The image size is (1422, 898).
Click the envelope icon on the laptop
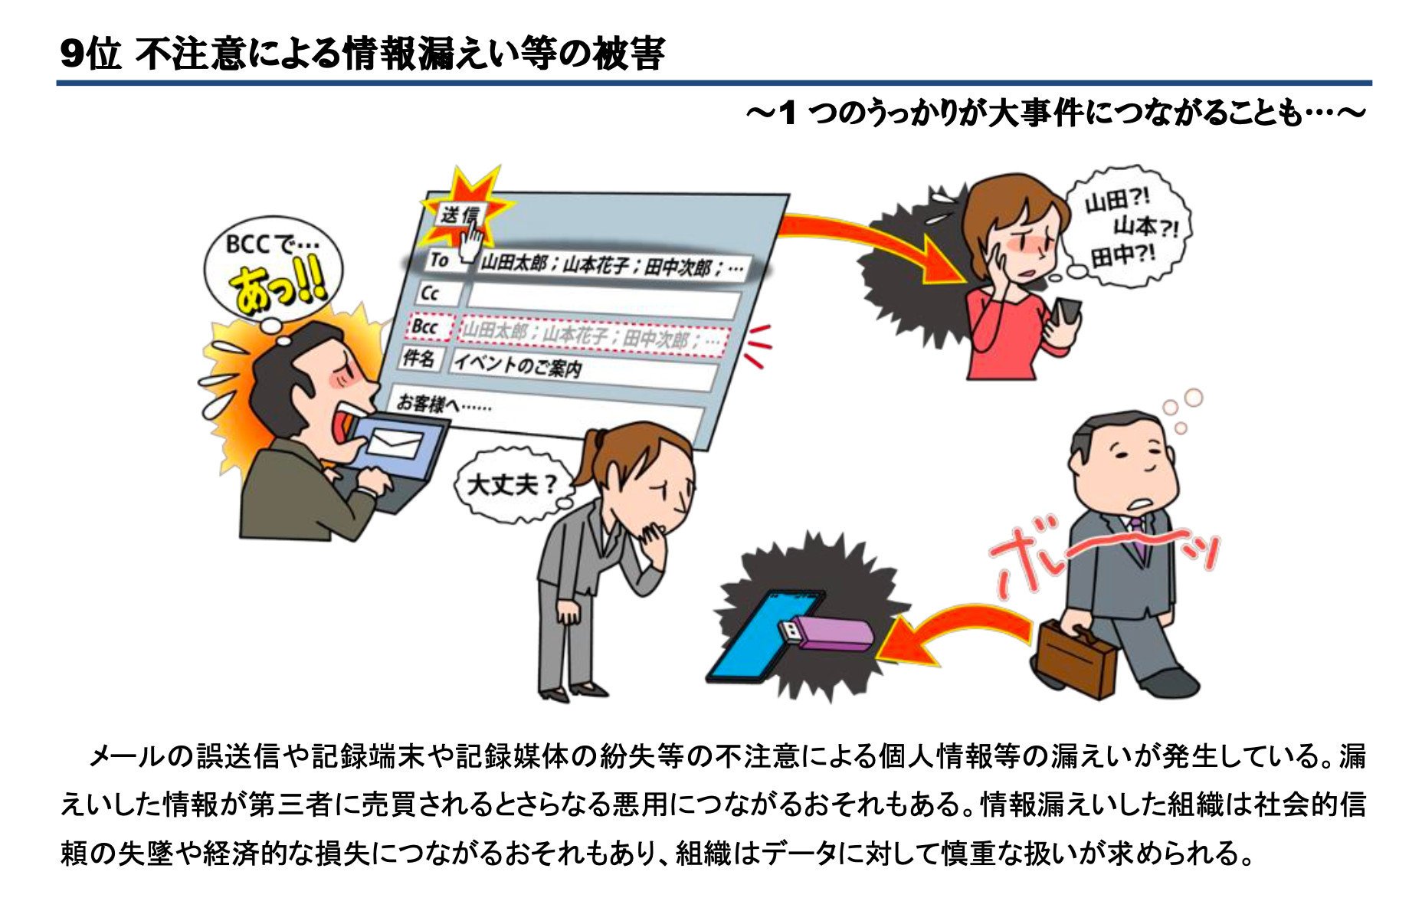tap(395, 444)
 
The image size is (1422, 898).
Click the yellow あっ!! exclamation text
tap(277, 290)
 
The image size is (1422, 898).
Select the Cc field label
tap(431, 293)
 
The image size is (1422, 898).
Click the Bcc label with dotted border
tap(426, 326)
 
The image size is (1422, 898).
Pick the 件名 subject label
tap(418, 358)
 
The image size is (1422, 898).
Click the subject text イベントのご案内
tap(517, 365)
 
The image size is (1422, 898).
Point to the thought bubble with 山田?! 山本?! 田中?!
tap(1126, 227)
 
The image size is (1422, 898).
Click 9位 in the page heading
tap(90, 54)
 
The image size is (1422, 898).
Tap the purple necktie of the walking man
tap(1135, 536)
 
